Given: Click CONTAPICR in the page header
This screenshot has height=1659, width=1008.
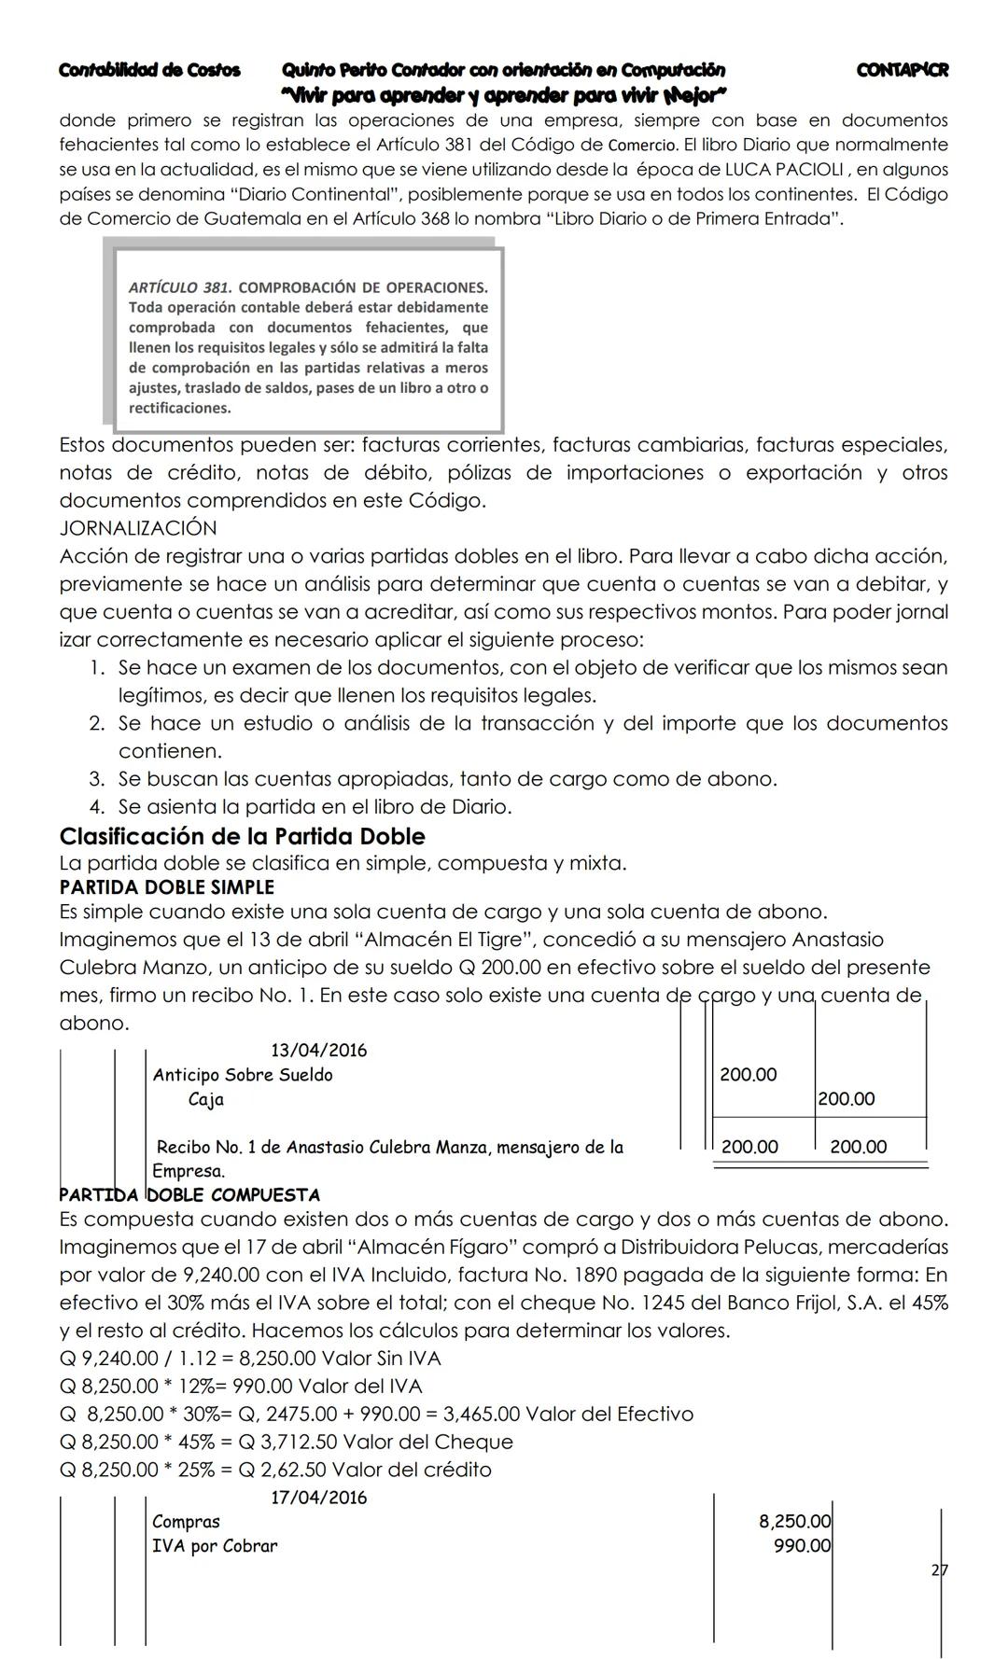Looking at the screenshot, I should (x=902, y=70).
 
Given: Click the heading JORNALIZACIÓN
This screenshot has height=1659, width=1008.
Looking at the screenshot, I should (x=137, y=528).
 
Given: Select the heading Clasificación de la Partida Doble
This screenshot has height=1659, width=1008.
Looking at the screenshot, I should (x=242, y=836).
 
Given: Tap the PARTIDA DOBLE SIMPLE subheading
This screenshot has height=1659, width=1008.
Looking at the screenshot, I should (x=166, y=887).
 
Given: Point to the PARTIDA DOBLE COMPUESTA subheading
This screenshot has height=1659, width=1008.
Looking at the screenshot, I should (x=189, y=1195).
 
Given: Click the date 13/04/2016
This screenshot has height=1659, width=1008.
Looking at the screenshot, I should (x=318, y=1051).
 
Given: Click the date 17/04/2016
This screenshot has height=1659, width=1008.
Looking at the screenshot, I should (x=318, y=1499).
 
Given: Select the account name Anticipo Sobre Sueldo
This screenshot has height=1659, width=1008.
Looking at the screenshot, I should (x=243, y=1075).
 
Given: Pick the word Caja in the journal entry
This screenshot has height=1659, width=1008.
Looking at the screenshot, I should (x=206, y=1099).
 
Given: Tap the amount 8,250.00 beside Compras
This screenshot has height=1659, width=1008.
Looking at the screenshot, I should (x=794, y=1522).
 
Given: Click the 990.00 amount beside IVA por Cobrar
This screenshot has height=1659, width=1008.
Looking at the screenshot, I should (x=802, y=1546).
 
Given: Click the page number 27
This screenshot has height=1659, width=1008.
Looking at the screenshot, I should (x=939, y=1570).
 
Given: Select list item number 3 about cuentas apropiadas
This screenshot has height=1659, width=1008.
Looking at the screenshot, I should (x=446, y=779).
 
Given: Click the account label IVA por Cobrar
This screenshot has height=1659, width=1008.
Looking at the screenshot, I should (x=215, y=1546).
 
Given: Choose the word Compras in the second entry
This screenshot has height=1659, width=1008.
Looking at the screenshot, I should (x=186, y=1522).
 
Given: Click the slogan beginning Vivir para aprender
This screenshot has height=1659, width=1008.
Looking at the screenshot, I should (x=504, y=95).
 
